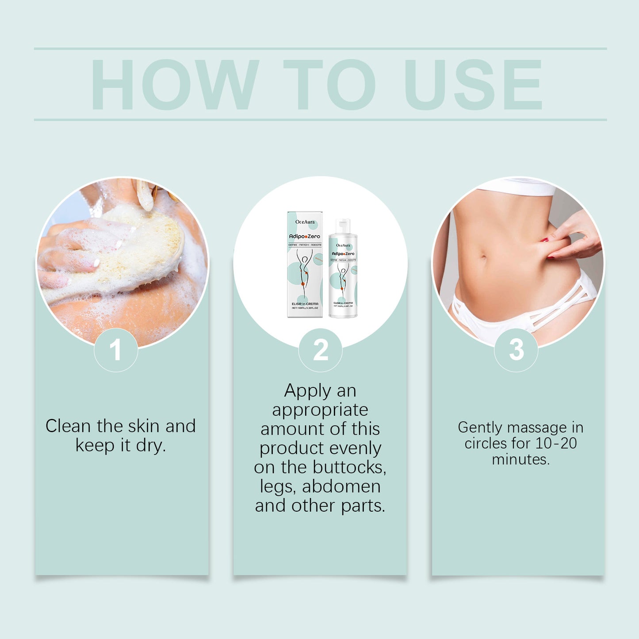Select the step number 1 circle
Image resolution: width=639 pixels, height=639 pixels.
(116, 350)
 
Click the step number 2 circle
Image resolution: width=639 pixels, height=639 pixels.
(320, 350)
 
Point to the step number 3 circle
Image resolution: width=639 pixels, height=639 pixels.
(516, 350)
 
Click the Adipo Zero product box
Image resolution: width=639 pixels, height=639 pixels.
(305, 264)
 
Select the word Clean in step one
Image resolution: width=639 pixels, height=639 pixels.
(69, 426)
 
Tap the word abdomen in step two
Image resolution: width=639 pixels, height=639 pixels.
(341, 486)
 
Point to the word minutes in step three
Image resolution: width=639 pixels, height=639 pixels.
(520, 459)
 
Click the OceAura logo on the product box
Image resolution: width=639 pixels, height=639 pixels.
(305, 222)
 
